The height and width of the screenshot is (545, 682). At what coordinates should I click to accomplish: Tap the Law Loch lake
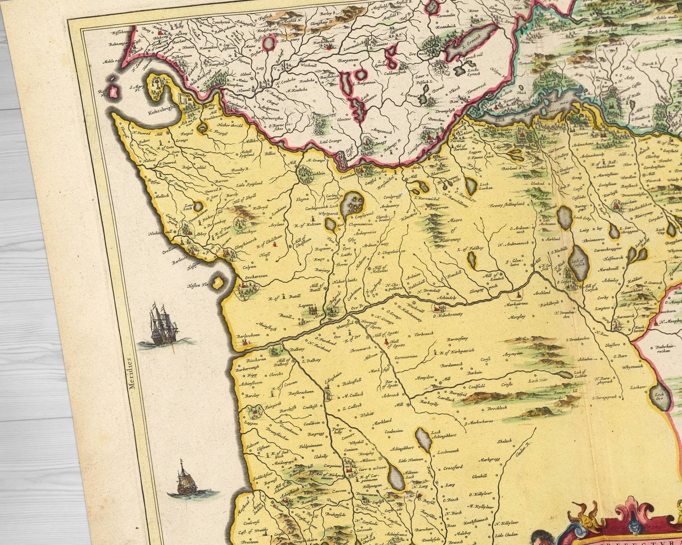tap(199, 206)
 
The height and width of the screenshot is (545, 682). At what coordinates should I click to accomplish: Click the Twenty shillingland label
tap(507, 206)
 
